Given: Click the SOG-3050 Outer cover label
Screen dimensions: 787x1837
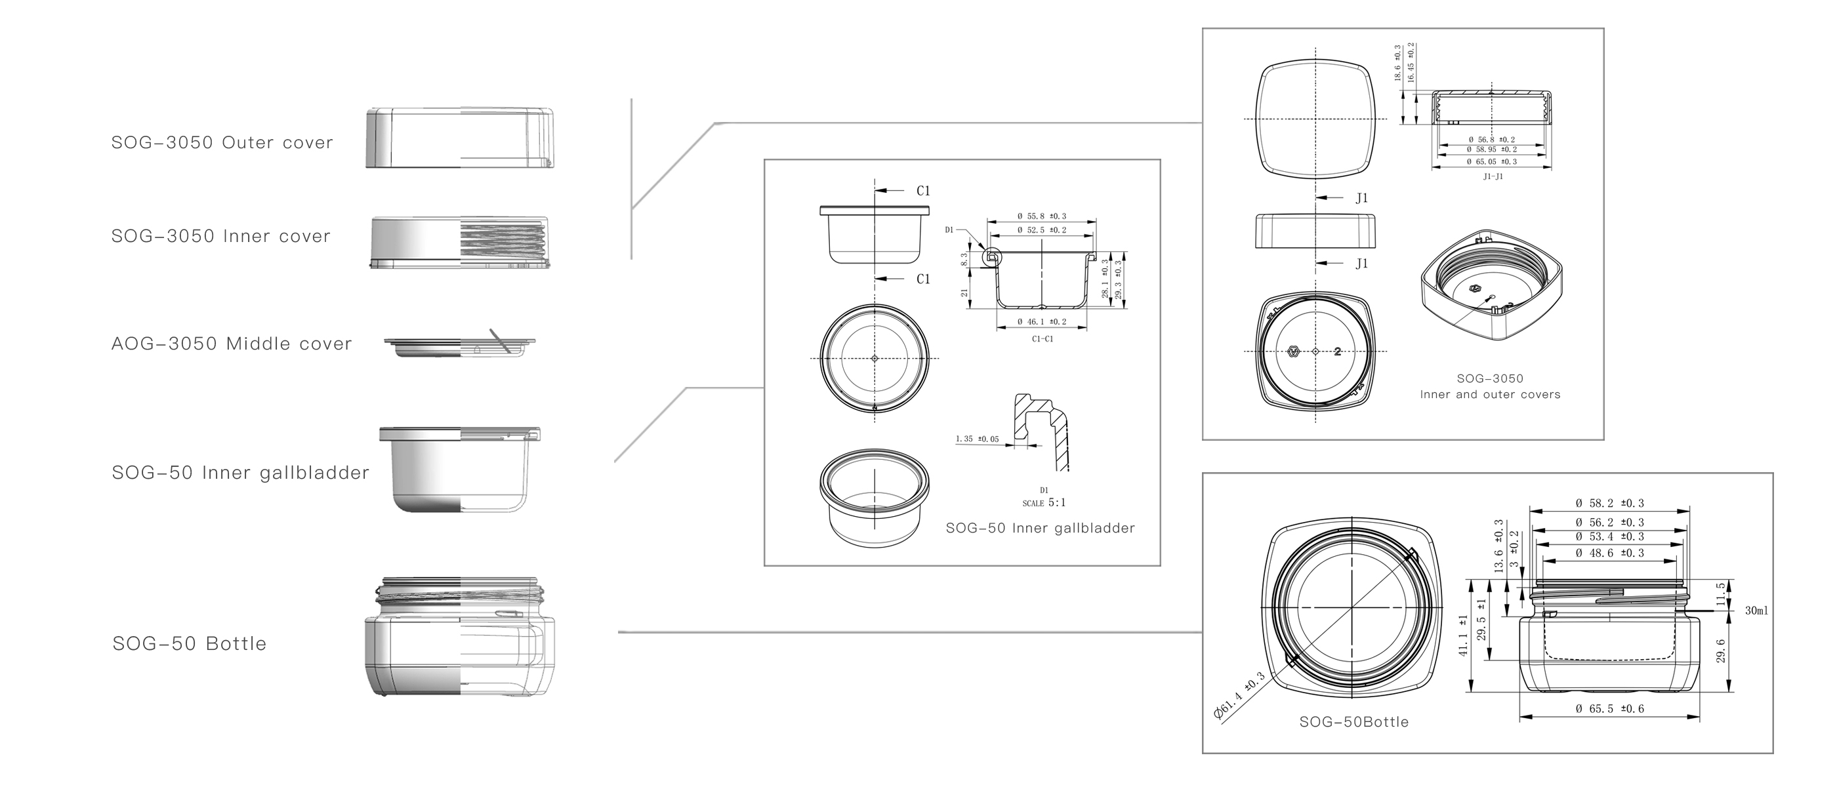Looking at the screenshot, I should [222, 142].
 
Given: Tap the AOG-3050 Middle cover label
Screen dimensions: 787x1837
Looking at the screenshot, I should [231, 344].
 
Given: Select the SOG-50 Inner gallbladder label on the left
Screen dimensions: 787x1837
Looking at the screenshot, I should [240, 473].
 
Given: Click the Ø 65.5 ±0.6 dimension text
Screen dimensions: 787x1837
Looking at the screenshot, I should [1609, 708].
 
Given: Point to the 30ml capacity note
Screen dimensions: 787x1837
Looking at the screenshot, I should [1756, 611].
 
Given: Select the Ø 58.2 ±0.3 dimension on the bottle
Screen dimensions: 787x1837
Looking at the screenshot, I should [1609, 503].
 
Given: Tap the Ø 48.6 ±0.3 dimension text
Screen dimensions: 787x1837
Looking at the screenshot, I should [1609, 553].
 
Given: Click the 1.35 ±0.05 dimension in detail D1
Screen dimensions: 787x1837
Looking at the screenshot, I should [976, 439].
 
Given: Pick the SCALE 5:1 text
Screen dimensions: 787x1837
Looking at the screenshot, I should [1043, 502].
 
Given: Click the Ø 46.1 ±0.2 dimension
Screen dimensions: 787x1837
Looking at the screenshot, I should [1042, 322].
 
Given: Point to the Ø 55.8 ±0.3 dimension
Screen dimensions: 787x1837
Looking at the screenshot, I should [1042, 216].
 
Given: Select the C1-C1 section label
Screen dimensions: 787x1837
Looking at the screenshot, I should [1042, 339].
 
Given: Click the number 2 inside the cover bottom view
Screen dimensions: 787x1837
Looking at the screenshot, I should [1338, 352].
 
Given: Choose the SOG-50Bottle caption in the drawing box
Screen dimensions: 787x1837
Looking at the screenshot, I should [1353, 722].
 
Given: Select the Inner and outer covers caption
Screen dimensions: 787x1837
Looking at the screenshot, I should [1490, 394].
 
